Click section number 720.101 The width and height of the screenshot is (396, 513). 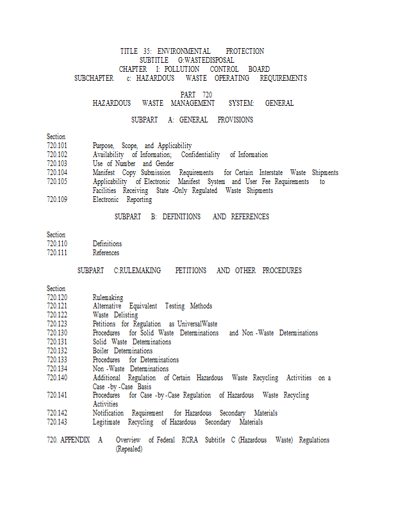coord(57,146)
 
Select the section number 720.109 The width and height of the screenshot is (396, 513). coord(57,199)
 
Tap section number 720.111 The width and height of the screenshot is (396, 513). coord(57,253)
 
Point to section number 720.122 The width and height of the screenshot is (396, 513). coord(57,315)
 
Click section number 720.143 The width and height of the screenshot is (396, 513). coord(57,422)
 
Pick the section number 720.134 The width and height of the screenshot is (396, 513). coord(57,369)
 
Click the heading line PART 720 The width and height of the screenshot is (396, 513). coord(196,94)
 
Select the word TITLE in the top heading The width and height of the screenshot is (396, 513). coord(129,51)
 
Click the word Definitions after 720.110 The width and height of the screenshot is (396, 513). coord(107,244)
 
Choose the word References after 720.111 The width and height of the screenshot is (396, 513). coord(106,253)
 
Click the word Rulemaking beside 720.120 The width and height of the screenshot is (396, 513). coord(108,298)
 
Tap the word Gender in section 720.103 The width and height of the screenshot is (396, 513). coord(165,164)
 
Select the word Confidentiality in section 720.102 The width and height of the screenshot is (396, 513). coord(201,155)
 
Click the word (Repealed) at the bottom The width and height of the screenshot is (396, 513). coord(129,449)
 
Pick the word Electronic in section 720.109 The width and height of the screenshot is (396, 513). coord(106,199)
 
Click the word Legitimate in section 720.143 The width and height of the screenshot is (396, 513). coord(106,422)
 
